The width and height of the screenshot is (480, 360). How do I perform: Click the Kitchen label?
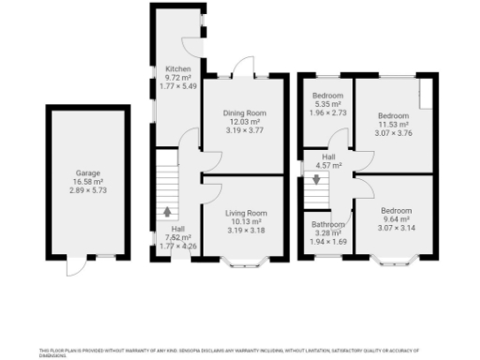point(178,70)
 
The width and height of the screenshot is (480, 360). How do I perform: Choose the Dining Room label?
point(244,112)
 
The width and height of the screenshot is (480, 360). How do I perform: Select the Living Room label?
point(245,213)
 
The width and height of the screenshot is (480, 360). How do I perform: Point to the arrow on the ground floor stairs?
point(168,212)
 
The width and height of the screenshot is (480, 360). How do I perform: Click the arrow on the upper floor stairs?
point(316,180)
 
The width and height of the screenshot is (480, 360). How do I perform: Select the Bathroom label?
point(328,225)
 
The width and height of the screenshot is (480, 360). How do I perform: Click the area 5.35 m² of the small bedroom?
point(327,105)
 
